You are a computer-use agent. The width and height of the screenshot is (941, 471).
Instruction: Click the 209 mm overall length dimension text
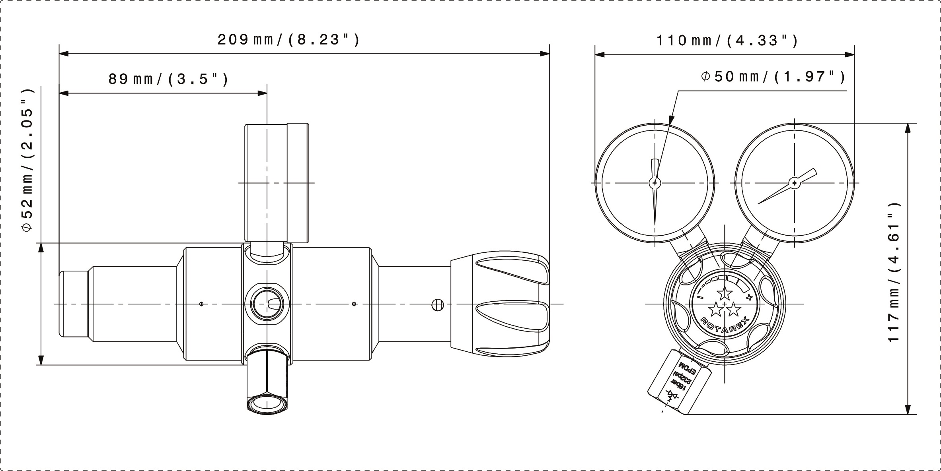288,40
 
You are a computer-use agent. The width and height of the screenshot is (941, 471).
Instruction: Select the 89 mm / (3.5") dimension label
168,79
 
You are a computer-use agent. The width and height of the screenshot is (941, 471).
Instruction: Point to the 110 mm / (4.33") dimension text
727,41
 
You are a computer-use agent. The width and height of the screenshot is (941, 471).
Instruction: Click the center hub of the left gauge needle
655,183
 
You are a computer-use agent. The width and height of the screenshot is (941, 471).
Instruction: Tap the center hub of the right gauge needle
794,183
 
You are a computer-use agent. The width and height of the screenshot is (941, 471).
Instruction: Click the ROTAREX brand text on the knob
725,324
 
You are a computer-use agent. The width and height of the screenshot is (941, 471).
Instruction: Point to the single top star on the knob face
724,294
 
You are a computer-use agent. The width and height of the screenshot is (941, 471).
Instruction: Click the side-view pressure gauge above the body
276,183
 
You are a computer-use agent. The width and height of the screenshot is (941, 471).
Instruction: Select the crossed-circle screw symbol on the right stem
437,305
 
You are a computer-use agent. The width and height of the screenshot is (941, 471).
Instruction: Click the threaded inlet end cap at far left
74,304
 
